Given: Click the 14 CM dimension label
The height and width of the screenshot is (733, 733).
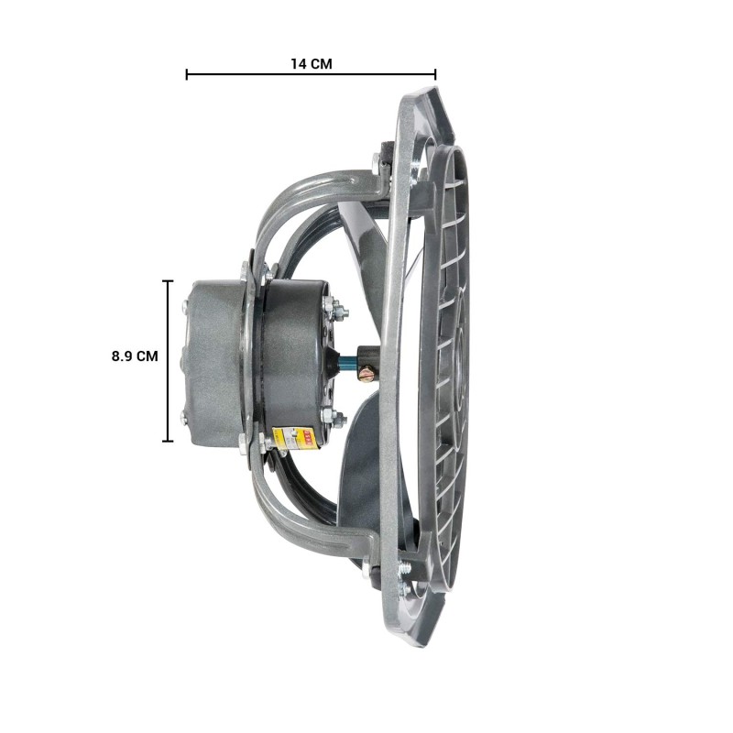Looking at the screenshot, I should click(311, 63).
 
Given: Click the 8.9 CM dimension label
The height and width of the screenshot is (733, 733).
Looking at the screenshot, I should click(135, 356).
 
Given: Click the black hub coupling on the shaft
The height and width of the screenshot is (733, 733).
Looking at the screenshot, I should click(366, 357).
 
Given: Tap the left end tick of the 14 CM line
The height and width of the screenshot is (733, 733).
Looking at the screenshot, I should click(187, 74).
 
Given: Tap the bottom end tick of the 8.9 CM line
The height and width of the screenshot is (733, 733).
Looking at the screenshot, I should click(168, 441).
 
